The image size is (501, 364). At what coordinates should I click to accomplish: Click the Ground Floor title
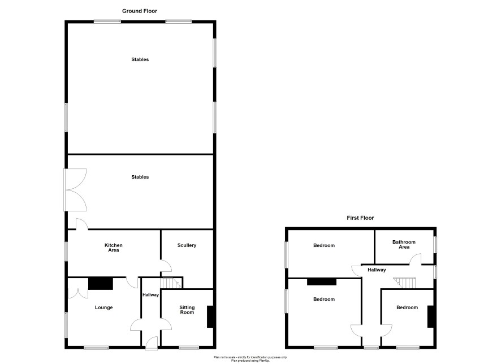[140, 11]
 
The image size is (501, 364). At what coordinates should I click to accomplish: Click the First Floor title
[360, 218]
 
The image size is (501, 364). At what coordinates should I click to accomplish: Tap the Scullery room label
[187, 245]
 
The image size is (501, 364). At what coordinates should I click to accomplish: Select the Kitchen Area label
[114, 248]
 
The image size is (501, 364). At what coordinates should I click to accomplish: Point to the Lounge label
[103, 307]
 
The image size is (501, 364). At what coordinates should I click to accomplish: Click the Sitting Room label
[187, 310]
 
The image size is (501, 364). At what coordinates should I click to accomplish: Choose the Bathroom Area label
[404, 244]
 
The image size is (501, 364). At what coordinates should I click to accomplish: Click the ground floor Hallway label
[150, 294]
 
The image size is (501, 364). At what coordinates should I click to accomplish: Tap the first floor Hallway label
[377, 270]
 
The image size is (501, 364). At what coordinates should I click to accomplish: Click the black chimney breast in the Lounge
[101, 284]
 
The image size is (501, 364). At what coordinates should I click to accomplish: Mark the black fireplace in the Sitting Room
[210, 317]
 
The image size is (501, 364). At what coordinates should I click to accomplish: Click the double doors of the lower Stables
[76, 190]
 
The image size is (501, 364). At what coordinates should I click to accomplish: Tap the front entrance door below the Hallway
[152, 343]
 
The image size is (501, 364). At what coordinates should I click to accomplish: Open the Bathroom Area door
[416, 259]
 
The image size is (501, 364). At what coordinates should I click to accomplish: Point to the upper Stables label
[140, 59]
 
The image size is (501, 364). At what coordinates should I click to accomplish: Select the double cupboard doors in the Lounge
[78, 289]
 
